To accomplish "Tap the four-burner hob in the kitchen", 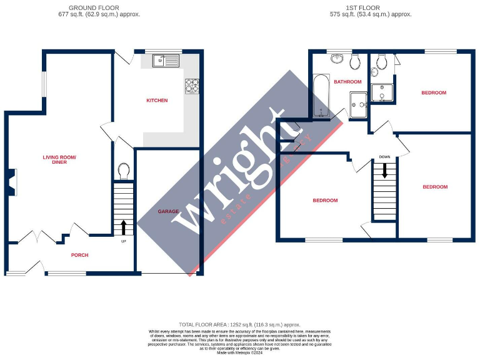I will point(192,84).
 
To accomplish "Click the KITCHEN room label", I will point(157,101).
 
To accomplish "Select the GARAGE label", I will point(169,212).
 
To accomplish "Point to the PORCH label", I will point(79,255).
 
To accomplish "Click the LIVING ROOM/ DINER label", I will point(59,159).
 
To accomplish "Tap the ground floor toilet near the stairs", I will point(124,171).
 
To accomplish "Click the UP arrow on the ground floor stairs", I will point(124,226).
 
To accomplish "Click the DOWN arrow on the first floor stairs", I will point(384,170).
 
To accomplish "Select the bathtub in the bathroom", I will point(321,96).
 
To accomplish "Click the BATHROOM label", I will point(347,82).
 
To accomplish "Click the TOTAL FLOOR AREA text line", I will point(239,325).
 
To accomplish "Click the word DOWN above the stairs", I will point(384,157).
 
